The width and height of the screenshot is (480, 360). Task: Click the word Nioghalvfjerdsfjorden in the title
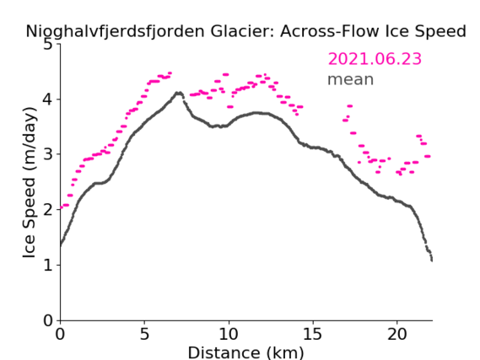pos(115,32)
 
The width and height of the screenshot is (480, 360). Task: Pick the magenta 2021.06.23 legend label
pos(375,59)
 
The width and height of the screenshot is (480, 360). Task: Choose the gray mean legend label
pos(351,80)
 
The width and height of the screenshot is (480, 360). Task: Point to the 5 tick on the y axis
pos(48,45)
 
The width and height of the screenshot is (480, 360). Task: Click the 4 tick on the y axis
pos(48,99)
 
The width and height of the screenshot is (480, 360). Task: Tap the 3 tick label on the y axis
pos(48,154)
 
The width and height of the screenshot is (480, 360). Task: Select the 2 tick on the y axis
pos(48,210)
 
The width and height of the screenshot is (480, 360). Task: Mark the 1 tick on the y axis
pos(48,265)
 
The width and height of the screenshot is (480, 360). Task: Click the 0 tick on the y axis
pos(48,320)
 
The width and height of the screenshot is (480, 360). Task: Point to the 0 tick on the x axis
pos(60,335)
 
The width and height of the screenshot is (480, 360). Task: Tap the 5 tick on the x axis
pos(144,335)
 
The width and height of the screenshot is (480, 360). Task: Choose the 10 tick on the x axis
pos(229,335)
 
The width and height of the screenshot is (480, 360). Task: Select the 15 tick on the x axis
pos(313,335)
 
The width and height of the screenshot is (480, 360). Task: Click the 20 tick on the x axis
pos(396,335)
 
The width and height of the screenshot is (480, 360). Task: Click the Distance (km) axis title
pos(245,352)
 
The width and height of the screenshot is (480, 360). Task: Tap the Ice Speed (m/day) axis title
pos(30,182)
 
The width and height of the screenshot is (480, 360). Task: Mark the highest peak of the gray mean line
pos(179,93)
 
